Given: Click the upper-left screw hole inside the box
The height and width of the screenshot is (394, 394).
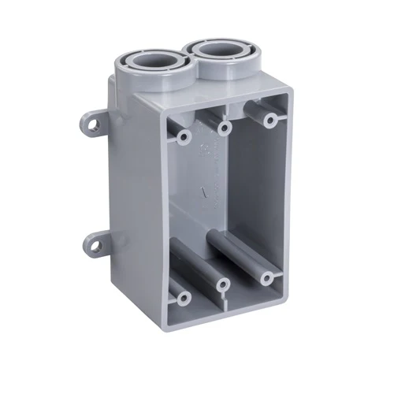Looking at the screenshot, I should (x=184, y=137).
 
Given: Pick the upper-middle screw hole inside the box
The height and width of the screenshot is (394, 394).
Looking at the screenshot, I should (x=225, y=126).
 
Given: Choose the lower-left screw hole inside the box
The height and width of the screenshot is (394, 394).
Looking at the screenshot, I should (x=184, y=299).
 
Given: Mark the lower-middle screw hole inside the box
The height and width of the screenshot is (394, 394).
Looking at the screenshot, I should (x=224, y=284).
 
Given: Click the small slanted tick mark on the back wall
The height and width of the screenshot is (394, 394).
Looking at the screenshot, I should (x=203, y=190).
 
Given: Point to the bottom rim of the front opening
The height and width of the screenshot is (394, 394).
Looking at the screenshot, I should (x=229, y=310).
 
